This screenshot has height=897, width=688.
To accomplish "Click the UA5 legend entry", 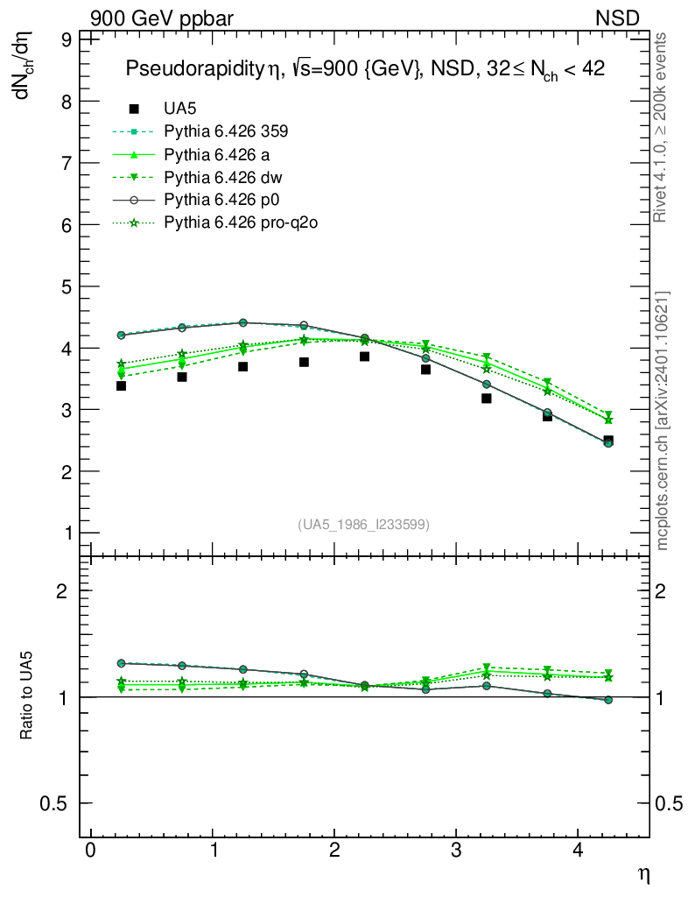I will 180,109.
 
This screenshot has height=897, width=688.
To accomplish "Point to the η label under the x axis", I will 643,874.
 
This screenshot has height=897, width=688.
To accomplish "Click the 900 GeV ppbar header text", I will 161,18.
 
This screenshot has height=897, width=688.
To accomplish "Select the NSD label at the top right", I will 617,18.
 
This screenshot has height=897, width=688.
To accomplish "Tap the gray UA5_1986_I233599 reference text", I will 364,525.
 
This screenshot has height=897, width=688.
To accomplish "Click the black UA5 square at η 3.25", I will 486,399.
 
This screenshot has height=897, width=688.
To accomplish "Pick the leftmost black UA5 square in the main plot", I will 121,385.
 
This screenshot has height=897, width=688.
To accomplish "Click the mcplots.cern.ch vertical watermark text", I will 663,420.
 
